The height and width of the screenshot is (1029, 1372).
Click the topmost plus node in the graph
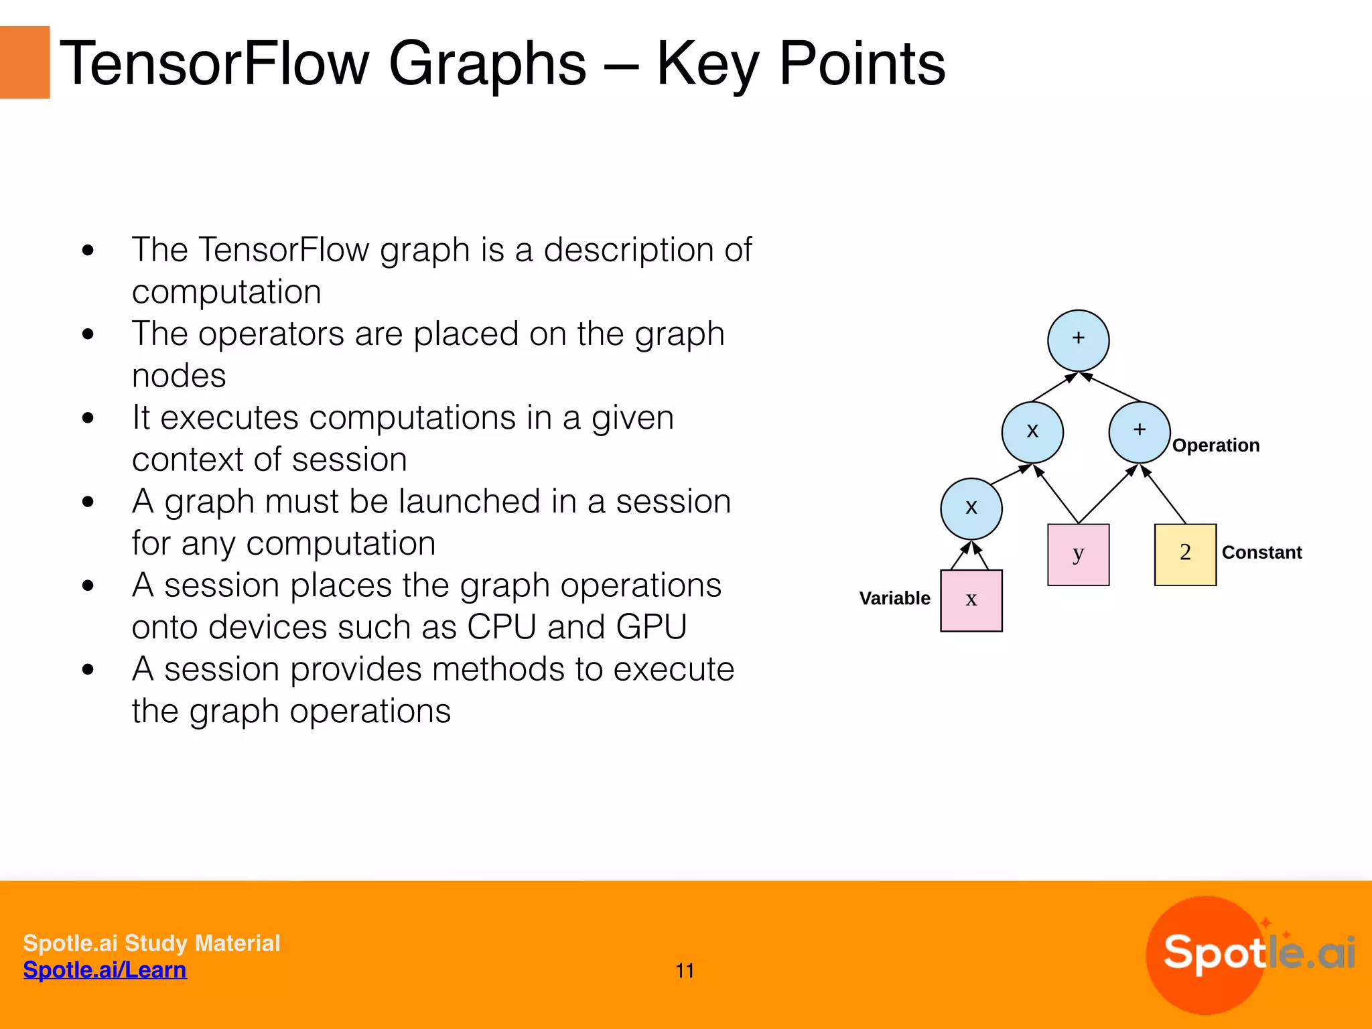1078,340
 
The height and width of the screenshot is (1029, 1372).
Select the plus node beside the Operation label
1139,432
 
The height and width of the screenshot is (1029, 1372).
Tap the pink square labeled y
1078,555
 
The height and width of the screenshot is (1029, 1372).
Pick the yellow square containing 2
1185,555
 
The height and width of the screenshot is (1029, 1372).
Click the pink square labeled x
971,600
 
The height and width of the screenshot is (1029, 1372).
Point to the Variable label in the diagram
894,598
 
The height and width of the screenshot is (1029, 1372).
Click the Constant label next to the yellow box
1261,553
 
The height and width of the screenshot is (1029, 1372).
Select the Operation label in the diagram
1215,445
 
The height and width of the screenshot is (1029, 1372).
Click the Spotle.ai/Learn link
105,970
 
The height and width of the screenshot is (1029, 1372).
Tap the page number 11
685,971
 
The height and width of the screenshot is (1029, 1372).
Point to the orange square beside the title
25,62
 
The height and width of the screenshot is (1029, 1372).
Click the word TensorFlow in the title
214,64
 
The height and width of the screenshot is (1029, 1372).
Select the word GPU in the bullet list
651,628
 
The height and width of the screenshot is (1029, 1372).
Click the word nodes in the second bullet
179,376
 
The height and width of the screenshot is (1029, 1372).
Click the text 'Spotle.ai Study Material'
151,943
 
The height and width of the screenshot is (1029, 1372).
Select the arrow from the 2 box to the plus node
1164,494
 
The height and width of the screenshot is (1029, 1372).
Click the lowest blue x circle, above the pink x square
971,508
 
